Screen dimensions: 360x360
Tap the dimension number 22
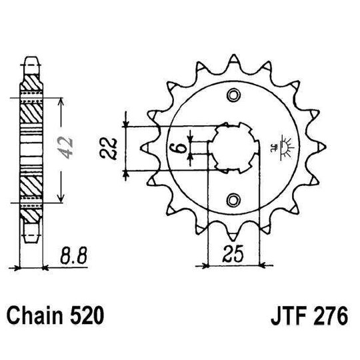(113, 147)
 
